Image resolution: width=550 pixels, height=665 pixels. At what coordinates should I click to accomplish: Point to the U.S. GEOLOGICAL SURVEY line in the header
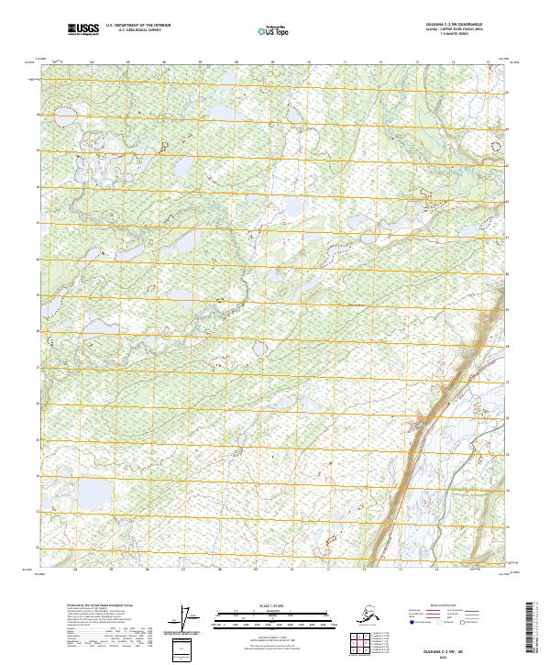coord(133,31)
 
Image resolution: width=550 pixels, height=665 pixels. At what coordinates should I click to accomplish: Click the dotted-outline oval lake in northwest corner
coord(64,116)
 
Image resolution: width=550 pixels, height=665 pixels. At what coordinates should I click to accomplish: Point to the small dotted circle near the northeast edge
coord(497,145)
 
